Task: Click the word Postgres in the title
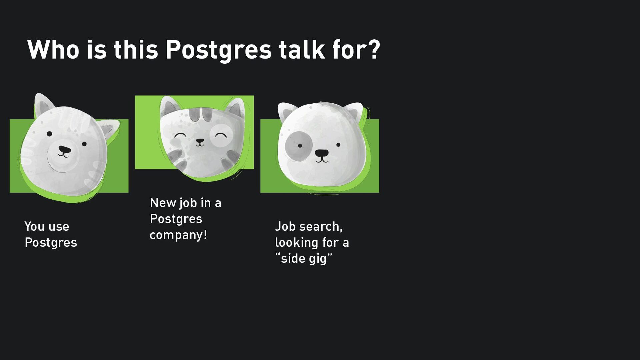[x=219, y=50]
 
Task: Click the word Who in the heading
[x=53, y=49]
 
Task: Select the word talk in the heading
[x=302, y=49]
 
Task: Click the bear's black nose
[x=64, y=149]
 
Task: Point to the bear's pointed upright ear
[x=43, y=104]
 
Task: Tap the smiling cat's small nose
[x=200, y=141]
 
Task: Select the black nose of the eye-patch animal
[x=322, y=153]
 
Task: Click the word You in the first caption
[x=34, y=227]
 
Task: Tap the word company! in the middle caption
[x=178, y=235]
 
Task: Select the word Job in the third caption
[x=285, y=227]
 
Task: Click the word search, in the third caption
[x=321, y=227]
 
